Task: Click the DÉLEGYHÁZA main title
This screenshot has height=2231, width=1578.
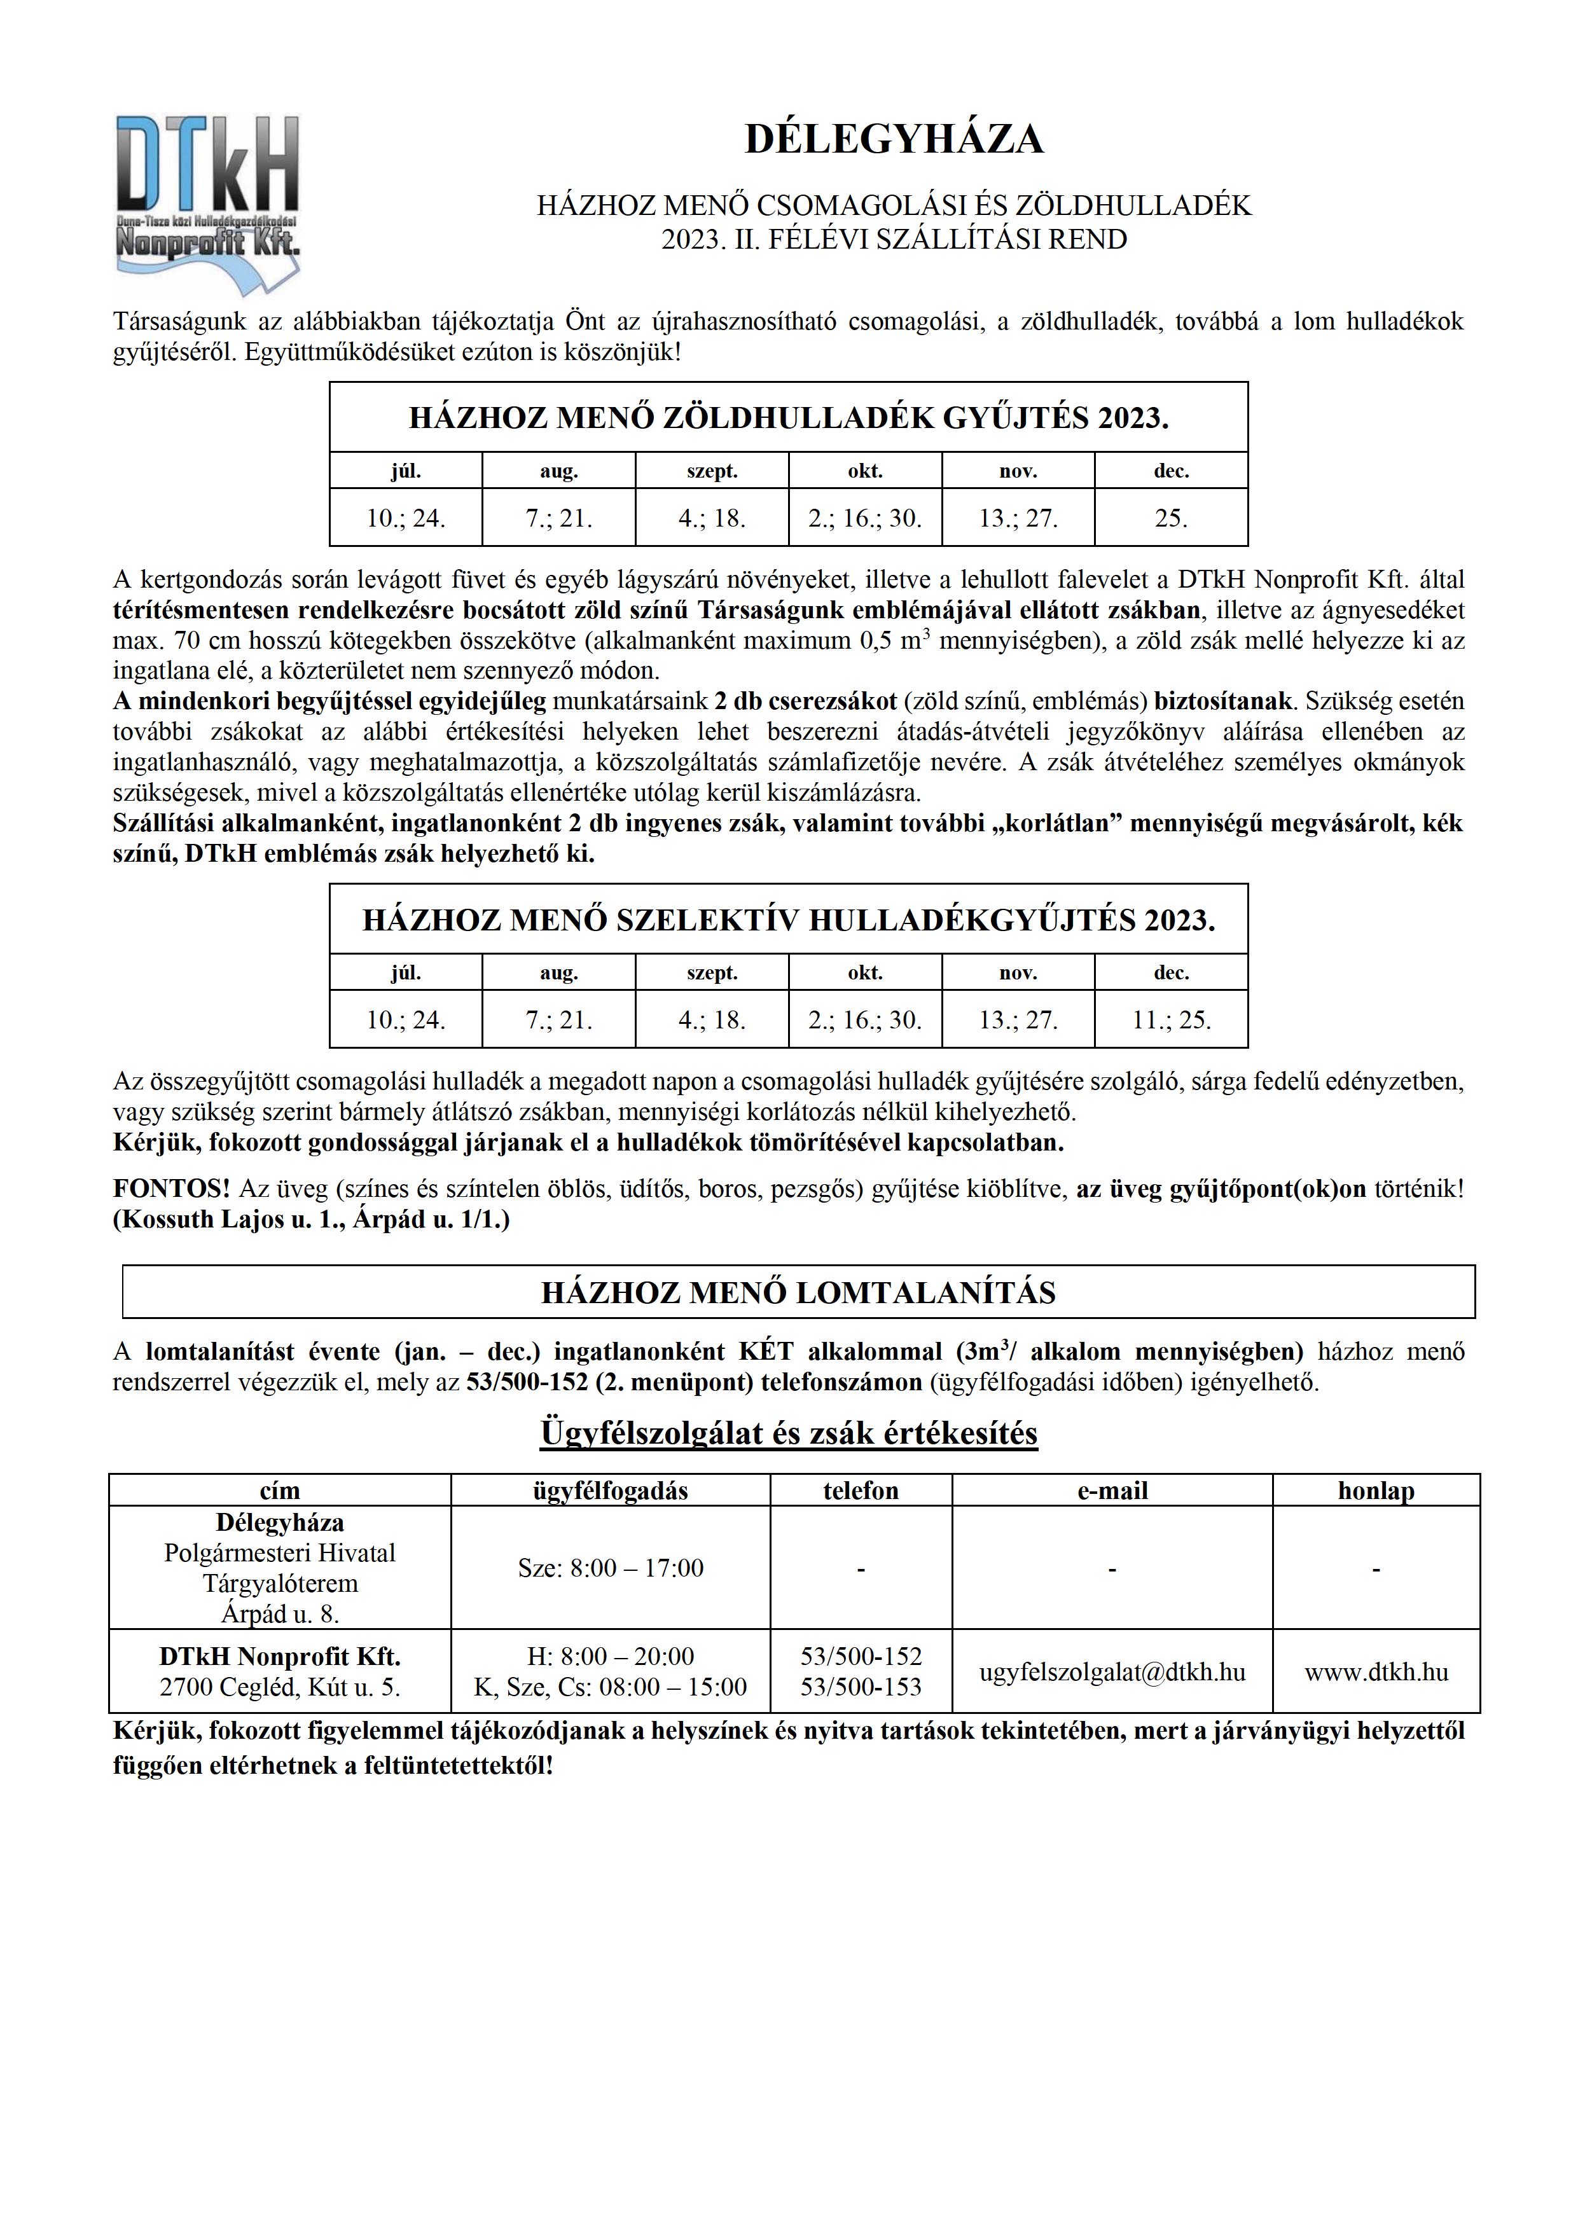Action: [894, 139]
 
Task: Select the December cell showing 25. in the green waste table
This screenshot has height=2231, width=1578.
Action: [1171, 518]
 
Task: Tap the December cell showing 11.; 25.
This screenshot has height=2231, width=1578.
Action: [1171, 1020]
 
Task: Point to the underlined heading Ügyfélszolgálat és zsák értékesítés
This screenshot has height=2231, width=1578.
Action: [788, 1434]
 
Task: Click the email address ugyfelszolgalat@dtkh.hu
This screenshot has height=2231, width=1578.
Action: [1112, 1672]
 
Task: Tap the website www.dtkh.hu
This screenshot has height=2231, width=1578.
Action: [1376, 1672]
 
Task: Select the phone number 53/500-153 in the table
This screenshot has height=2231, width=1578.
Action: [861, 1688]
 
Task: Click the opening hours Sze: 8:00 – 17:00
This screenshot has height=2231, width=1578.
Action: [610, 1568]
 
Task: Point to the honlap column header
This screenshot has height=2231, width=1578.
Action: [1376, 1491]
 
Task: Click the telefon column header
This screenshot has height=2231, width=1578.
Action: [861, 1491]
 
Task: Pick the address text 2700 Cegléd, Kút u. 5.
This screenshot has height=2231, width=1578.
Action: [280, 1688]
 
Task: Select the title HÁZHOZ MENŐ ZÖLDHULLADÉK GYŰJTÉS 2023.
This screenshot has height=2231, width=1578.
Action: [788, 418]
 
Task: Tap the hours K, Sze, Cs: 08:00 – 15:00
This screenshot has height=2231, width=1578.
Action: [610, 1688]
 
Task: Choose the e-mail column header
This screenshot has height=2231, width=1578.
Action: [1112, 1491]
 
